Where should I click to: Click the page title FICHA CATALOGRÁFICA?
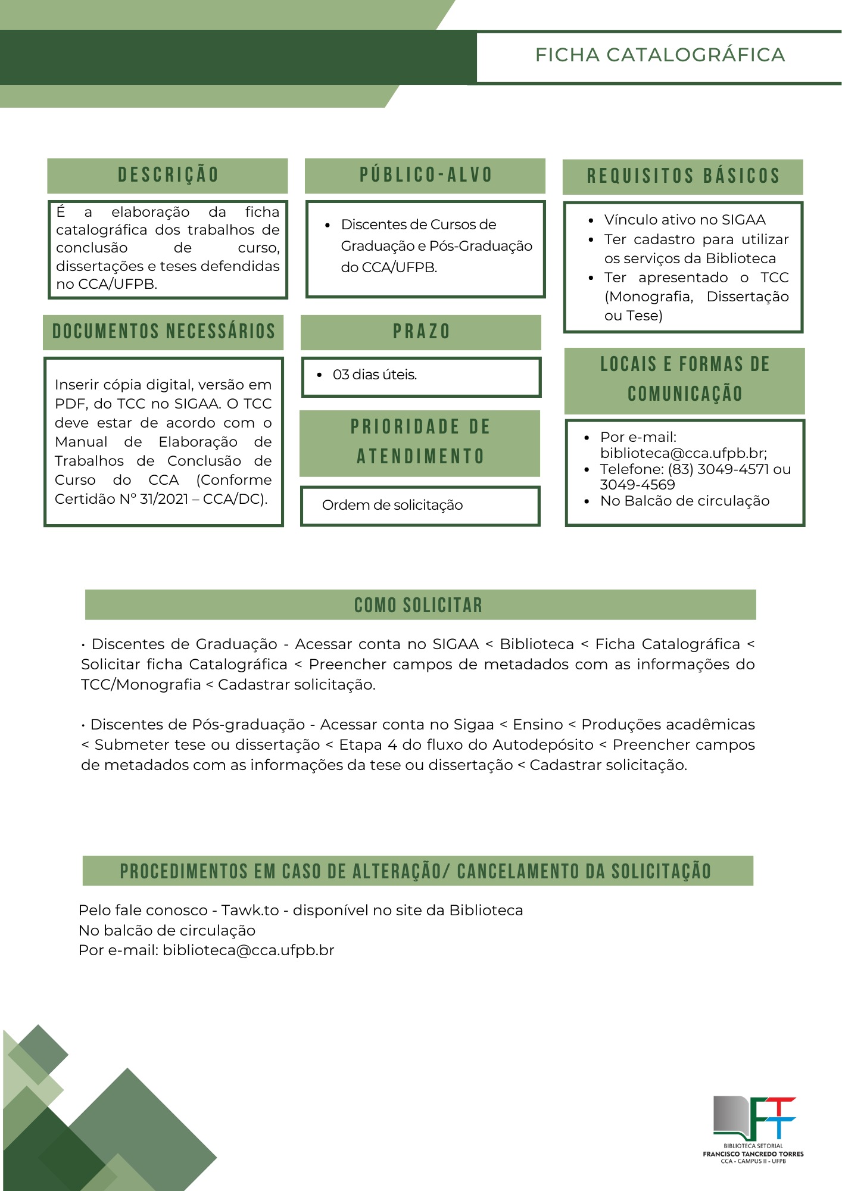[660, 55]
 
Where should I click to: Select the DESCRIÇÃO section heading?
[168, 175]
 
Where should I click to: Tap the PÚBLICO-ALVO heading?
[426, 175]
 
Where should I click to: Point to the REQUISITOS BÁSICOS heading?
[683, 176]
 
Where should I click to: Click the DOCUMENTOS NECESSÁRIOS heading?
[164, 332]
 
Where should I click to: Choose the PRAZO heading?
[421, 332]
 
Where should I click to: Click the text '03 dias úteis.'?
[375, 375]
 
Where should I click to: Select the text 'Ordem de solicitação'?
[392, 505]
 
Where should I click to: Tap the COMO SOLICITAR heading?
[418, 605]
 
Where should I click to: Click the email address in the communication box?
[682, 453]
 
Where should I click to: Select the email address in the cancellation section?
[248, 950]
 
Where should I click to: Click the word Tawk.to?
[250, 910]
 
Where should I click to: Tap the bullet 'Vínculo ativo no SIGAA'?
[685, 220]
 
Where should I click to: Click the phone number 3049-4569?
[637, 485]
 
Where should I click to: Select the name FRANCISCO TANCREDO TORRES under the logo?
[753, 1153]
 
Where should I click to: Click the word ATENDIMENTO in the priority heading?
[420, 457]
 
